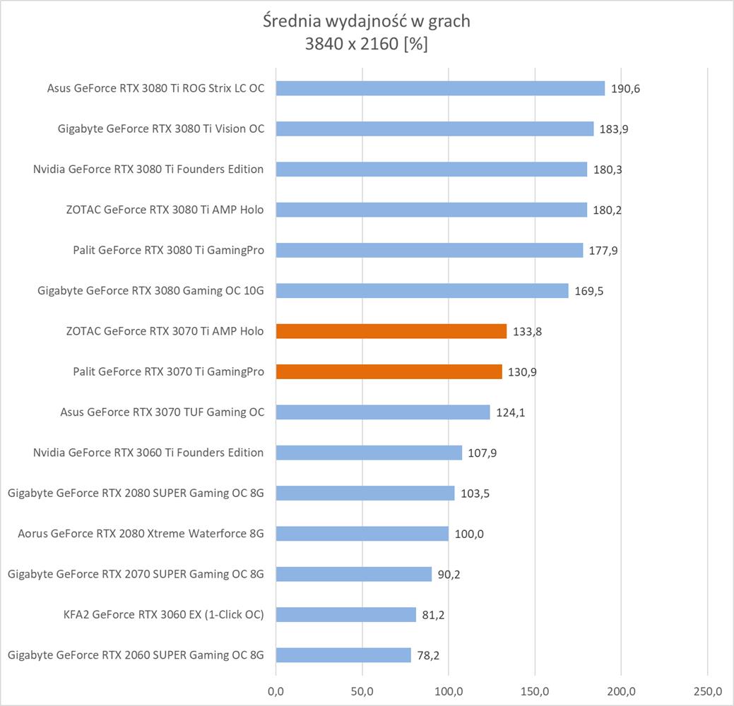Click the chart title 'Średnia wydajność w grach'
click(366, 21)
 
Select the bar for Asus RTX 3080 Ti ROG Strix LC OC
click(440, 88)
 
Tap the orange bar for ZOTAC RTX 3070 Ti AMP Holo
click(391, 331)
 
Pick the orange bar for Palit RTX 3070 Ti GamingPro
click(389, 371)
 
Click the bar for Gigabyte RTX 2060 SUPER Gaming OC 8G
click(343, 655)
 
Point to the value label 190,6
click(626, 89)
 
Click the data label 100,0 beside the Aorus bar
click(469, 534)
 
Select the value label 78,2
click(428, 655)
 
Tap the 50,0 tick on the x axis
click(362, 689)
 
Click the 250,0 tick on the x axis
click(708, 689)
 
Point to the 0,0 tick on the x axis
click(276, 689)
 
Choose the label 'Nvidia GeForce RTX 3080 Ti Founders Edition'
click(148, 169)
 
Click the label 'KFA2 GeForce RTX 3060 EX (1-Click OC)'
click(163, 614)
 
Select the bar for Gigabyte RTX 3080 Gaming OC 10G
click(422, 291)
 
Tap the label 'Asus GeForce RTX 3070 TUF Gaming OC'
click(162, 412)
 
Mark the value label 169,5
click(589, 291)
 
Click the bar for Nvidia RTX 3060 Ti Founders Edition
click(369, 453)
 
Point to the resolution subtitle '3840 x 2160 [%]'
click(366, 44)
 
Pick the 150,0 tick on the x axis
click(535, 689)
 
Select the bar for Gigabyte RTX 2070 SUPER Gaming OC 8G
click(353, 574)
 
